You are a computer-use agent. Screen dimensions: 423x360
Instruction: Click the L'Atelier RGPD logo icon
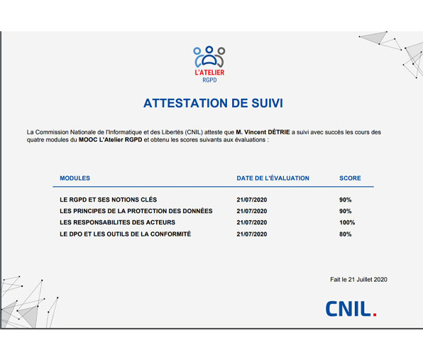pos(209,56)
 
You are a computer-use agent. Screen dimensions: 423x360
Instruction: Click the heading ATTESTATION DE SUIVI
pos(213,103)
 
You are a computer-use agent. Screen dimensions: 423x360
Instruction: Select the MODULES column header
pos(75,178)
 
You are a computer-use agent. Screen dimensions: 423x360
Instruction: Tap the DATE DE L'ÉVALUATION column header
pos(273,178)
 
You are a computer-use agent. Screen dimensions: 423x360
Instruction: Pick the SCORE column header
pos(350,178)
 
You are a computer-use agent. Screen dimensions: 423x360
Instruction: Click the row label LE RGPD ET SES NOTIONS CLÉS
pos(109,200)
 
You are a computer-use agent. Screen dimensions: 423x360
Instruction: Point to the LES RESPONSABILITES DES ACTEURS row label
pos(117,223)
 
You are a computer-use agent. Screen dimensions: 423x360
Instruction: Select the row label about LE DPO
pos(125,234)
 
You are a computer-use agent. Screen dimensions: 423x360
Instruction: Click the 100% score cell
pos(347,223)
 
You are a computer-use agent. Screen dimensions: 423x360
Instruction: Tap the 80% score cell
pos(346,234)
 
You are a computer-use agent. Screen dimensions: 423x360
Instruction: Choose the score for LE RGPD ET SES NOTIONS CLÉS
pos(346,200)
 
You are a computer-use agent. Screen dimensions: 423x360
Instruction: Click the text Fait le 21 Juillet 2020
pos(358,280)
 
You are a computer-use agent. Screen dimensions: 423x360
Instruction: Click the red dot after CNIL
pos(375,314)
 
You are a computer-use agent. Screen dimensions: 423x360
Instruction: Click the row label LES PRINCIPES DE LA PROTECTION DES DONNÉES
pos(136,212)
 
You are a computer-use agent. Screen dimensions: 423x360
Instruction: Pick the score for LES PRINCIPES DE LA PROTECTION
pos(346,212)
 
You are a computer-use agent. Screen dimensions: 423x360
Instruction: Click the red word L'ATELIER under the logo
pos(209,73)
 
